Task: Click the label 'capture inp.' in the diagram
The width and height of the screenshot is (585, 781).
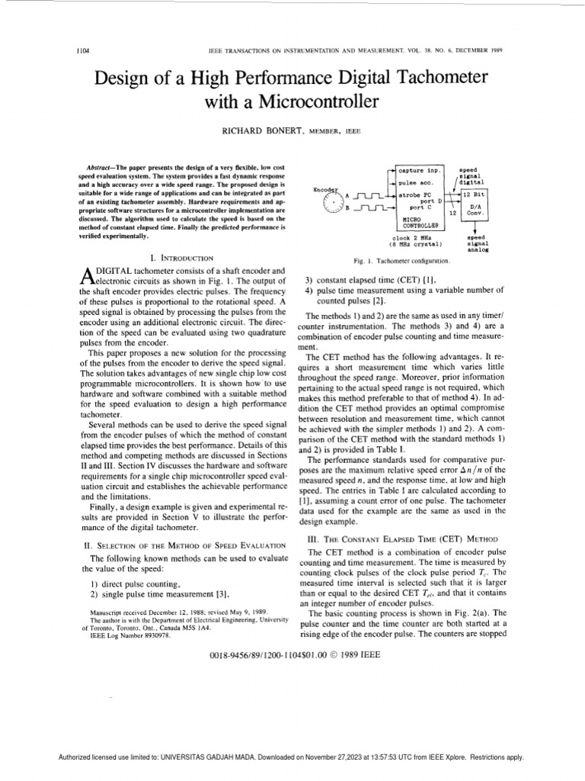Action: [x=421, y=171]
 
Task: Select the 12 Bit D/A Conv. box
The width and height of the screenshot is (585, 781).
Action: [x=476, y=205]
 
